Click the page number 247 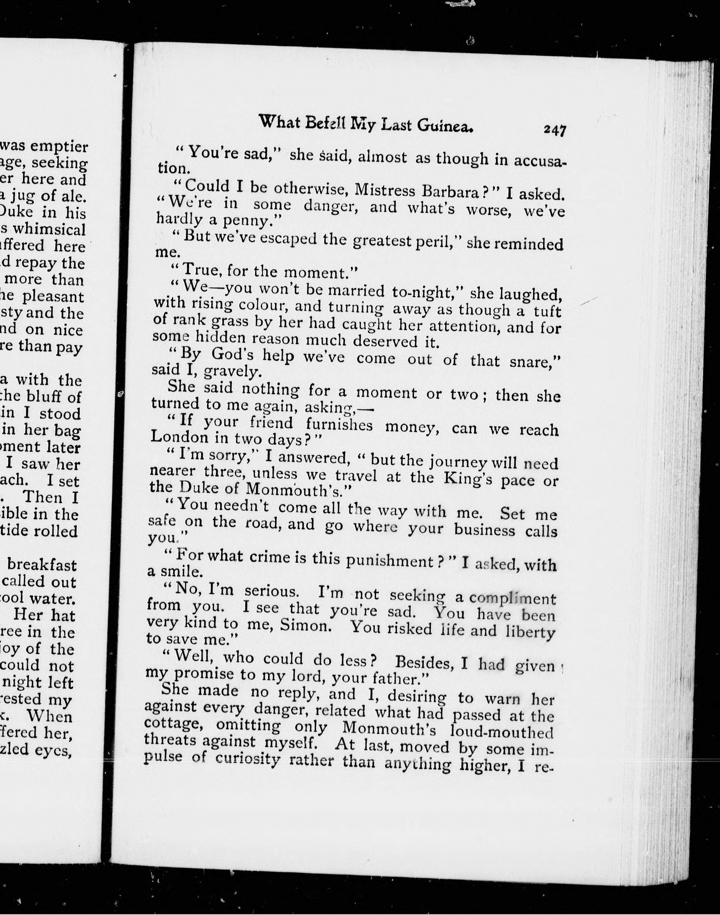point(554,130)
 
